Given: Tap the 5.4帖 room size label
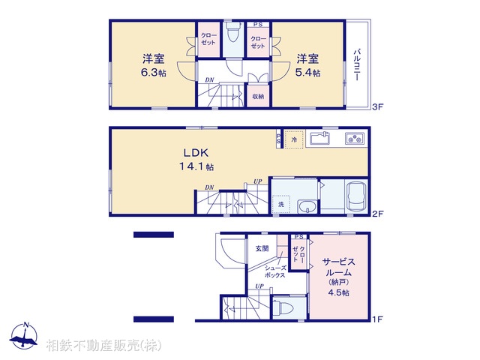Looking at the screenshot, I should click(x=307, y=73).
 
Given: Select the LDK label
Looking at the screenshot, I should click(x=187, y=150).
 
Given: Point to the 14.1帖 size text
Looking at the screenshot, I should click(x=194, y=166).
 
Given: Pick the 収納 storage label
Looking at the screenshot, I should click(x=257, y=96).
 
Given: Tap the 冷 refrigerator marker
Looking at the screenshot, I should click(x=294, y=139).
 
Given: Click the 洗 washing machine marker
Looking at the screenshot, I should click(x=281, y=204).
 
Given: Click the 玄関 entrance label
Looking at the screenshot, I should click(x=261, y=248).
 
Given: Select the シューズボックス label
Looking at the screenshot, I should click(x=274, y=271).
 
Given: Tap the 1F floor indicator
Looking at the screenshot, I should click(x=378, y=321).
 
